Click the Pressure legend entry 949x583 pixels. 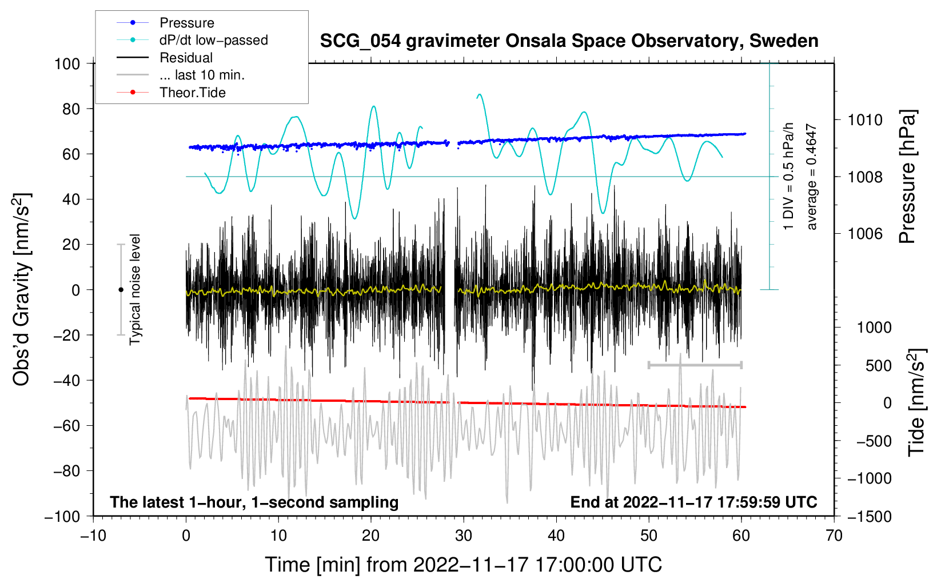click(x=186, y=23)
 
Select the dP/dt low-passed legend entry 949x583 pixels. click(x=213, y=40)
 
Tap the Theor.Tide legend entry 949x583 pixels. click(x=192, y=93)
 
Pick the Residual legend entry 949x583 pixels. click(x=186, y=58)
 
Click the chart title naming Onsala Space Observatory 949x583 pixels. click(x=569, y=41)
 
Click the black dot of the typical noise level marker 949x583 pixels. click(x=121, y=290)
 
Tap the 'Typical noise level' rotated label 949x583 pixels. click(x=135, y=289)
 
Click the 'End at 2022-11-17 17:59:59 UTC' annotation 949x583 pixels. click(x=693, y=502)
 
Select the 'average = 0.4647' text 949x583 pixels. click(x=812, y=177)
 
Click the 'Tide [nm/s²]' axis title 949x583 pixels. click(x=916, y=402)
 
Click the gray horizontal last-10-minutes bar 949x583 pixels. click(x=695, y=365)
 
